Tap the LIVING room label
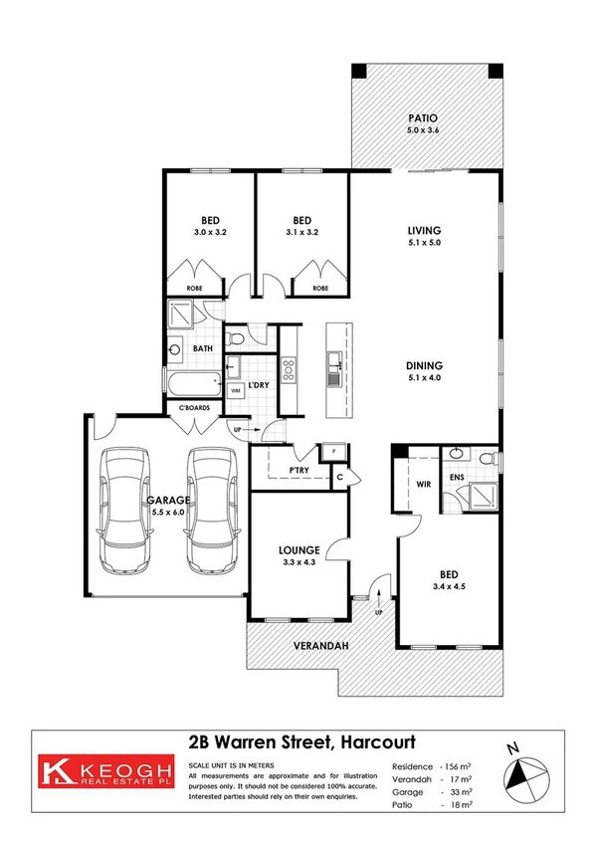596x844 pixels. [424, 229]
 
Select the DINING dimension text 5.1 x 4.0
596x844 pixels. [424, 376]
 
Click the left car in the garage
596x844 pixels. [129, 509]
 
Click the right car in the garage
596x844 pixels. [211, 509]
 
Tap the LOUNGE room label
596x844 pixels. [298, 549]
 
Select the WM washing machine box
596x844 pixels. [236, 390]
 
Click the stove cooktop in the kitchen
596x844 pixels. [290, 370]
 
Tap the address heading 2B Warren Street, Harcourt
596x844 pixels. [301, 742]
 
